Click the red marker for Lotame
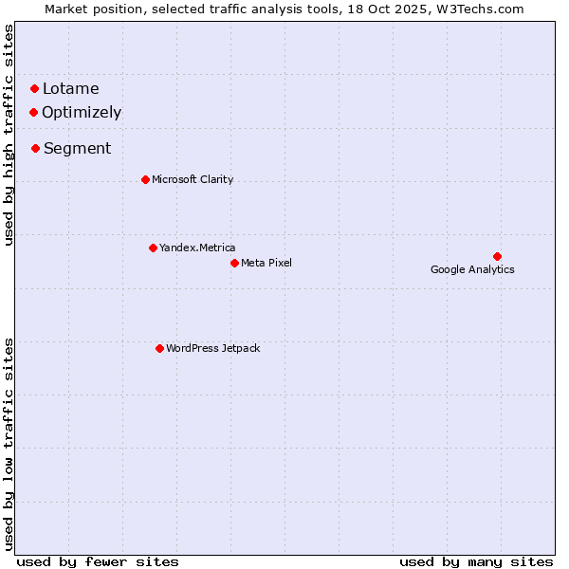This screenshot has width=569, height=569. (34, 89)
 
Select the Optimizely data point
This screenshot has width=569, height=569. (33, 112)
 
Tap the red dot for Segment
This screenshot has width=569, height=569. (35, 148)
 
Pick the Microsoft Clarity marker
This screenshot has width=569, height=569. (145, 179)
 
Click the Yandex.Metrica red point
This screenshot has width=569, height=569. (153, 248)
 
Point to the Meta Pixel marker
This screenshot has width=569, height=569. (234, 263)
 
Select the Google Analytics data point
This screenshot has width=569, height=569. (497, 256)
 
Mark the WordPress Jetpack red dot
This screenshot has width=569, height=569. (159, 348)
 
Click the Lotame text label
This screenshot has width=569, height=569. (70, 89)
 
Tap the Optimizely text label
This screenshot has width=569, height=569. (82, 112)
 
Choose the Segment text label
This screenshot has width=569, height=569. (77, 148)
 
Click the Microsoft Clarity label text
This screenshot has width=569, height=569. (193, 179)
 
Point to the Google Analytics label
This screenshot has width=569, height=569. (472, 269)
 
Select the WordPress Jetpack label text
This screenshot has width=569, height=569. (212, 348)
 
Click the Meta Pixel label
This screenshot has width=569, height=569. (266, 263)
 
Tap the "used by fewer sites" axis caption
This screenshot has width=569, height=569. (98, 561)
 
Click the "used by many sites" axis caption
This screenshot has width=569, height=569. (476, 561)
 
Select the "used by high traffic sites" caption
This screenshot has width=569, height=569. (9, 135)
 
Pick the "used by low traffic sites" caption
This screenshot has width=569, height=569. (9, 444)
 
